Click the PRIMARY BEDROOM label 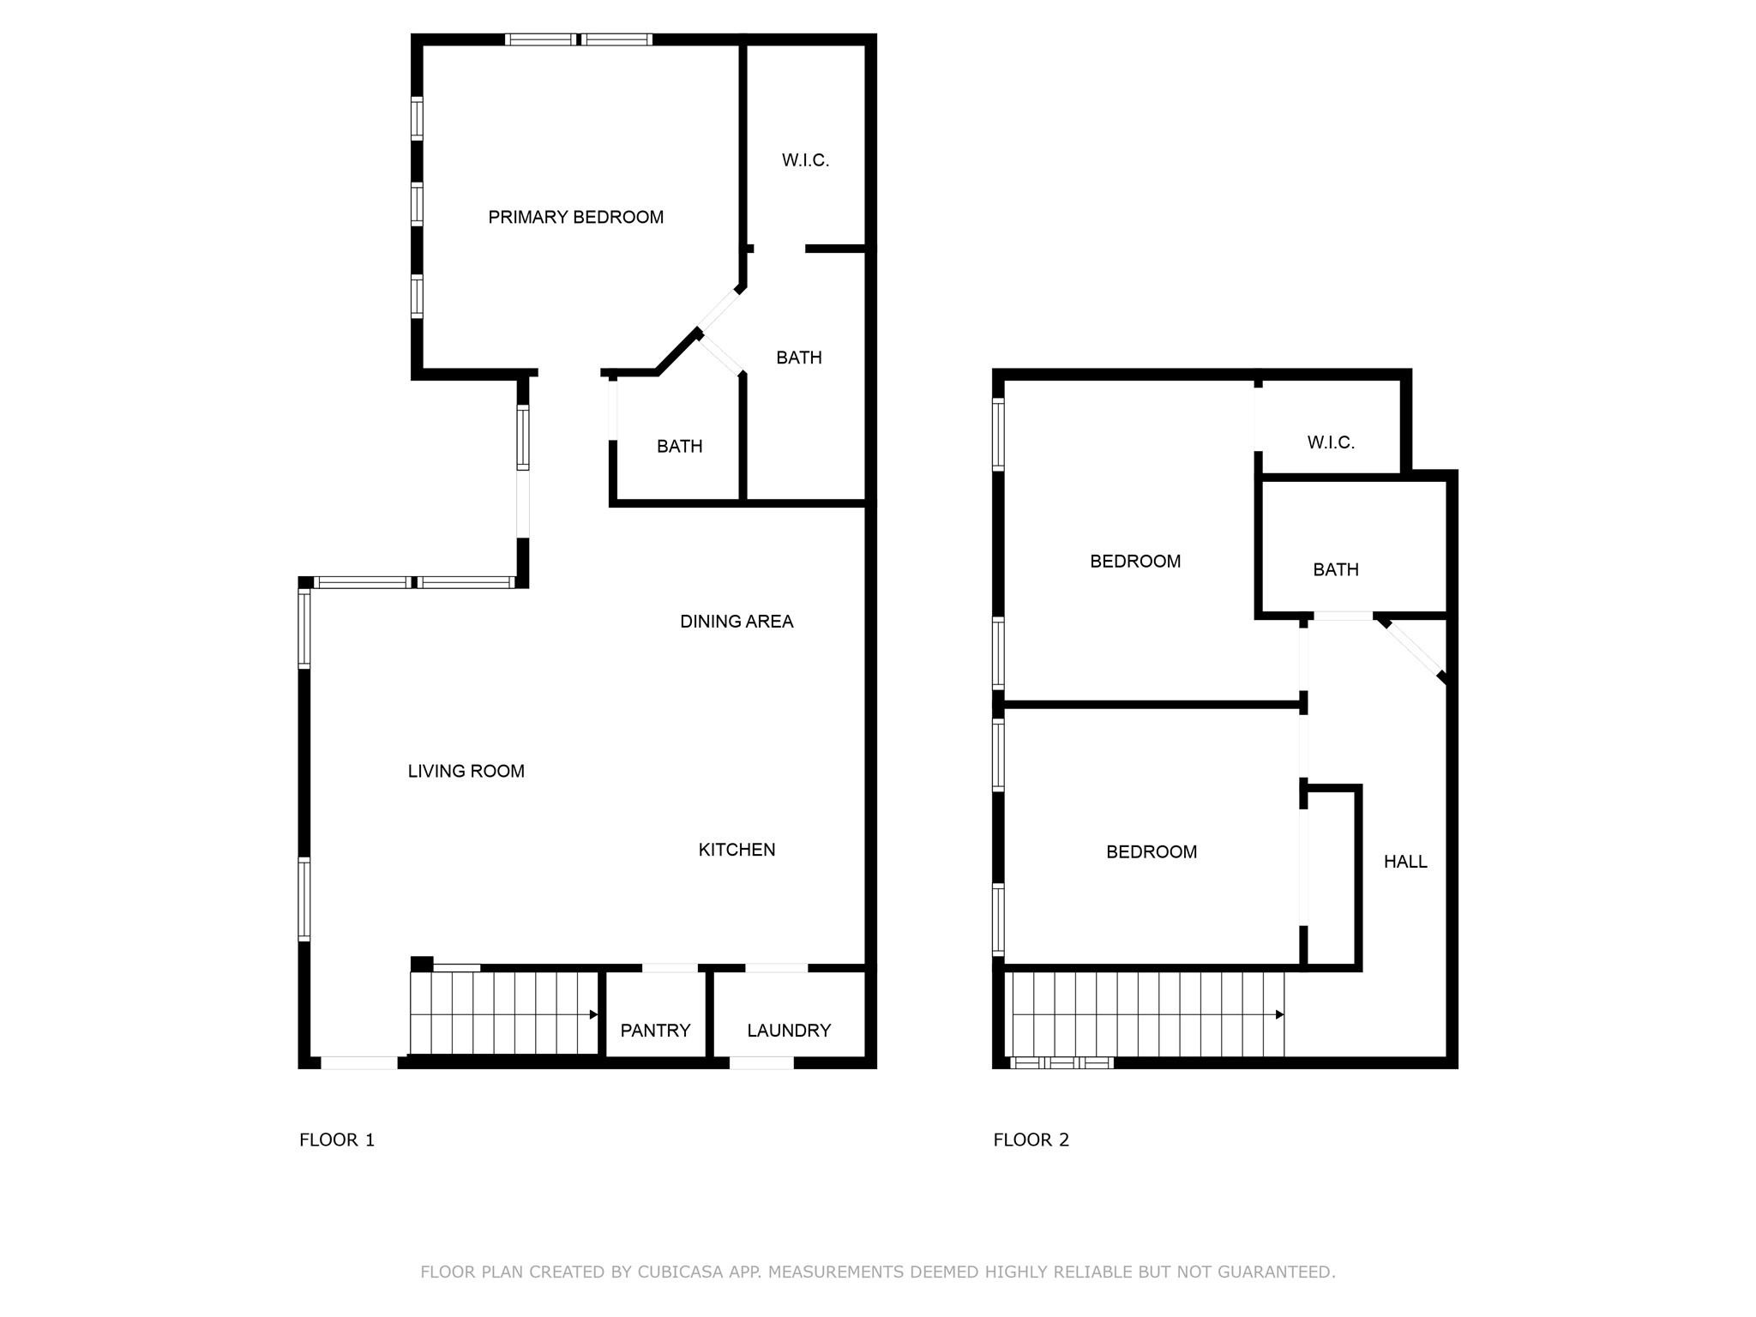(575, 218)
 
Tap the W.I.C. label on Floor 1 (805, 160)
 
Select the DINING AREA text (737, 622)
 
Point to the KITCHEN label (737, 850)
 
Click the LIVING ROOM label (466, 772)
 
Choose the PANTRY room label (655, 1031)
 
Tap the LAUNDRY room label (789, 1031)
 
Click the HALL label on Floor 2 (1405, 862)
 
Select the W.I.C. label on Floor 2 (1331, 443)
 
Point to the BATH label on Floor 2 (1336, 570)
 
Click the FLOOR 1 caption (337, 1140)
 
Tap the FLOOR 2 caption (1031, 1140)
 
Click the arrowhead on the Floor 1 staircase (593, 1015)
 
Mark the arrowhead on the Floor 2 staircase (1279, 1015)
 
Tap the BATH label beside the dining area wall (679, 447)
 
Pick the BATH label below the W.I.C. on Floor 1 (798, 358)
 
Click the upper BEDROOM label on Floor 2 (1135, 562)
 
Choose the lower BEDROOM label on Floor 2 (1152, 852)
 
